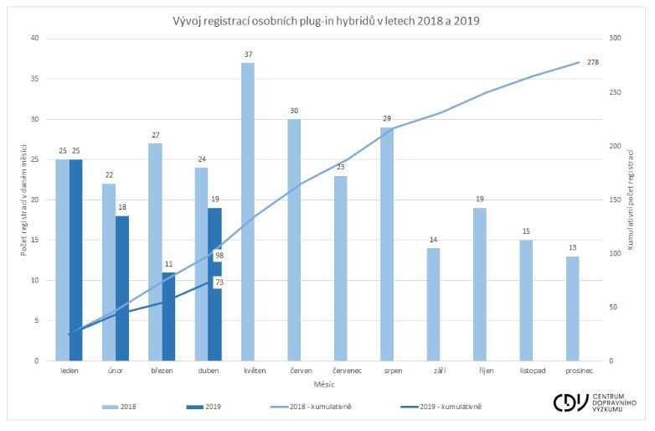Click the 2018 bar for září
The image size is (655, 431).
(x=433, y=304)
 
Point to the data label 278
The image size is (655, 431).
(x=592, y=62)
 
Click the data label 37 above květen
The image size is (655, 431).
(x=248, y=55)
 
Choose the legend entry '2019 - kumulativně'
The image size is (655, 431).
(x=451, y=407)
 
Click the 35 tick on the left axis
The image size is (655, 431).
(x=34, y=79)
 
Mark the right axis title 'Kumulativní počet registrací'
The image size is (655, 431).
(x=640, y=200)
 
